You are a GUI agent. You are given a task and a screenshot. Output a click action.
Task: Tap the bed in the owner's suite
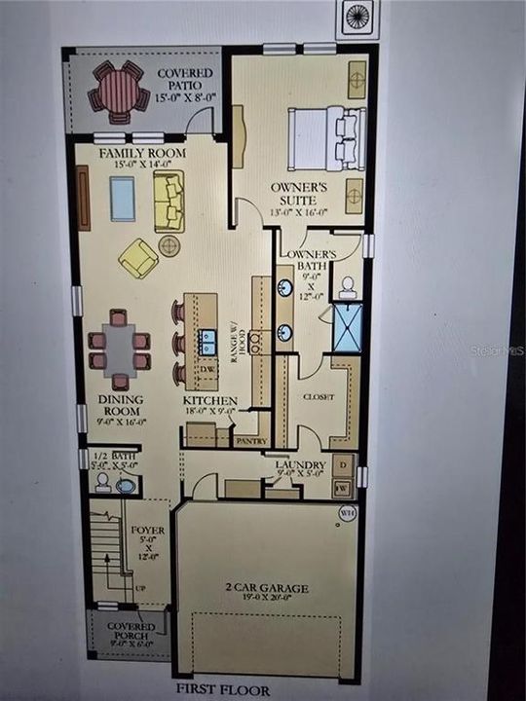[x=326, y=138]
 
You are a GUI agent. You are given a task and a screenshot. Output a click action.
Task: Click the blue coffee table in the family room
[x=122, y=199]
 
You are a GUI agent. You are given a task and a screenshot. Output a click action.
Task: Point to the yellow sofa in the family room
[x=168, y=202]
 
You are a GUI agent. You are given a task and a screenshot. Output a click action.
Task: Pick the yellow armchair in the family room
[x=138, y=258]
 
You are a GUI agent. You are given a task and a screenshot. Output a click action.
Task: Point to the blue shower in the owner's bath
[x=347, y=328]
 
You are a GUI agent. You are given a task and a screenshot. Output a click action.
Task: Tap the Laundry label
[x=299, y=466]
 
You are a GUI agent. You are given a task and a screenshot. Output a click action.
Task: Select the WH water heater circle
[x=348, y=513]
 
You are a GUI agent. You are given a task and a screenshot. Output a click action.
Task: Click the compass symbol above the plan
[x=357, y=18]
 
